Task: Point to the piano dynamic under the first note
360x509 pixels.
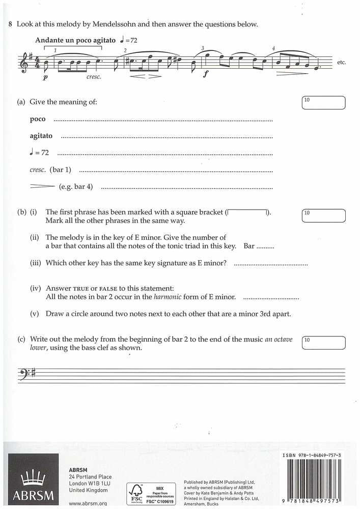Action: point(45,78)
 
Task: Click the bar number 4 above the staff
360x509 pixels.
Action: point(273,49)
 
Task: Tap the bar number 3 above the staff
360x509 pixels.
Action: point(203,48)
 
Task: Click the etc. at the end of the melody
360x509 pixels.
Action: point(341,63)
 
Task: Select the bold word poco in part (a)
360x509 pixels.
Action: point(38,119)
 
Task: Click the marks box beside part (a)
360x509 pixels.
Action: point(323,102)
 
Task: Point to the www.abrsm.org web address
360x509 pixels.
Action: point(87,503)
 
